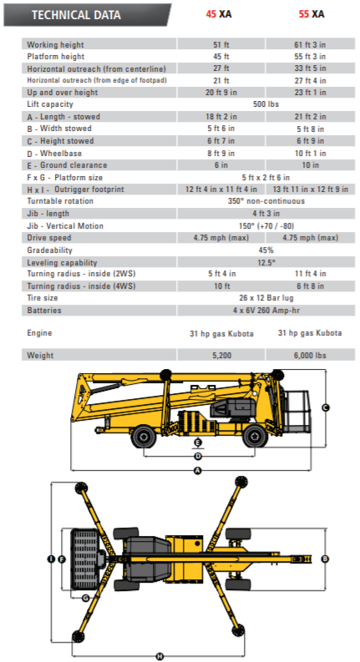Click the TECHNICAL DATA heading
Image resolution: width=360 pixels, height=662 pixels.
point(76,15)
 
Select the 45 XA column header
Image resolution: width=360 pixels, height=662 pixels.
point(219,14)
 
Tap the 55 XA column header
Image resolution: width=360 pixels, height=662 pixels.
point(312,14)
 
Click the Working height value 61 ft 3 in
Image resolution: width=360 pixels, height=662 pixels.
point(310,44)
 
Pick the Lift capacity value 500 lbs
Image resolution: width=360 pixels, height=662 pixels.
point(266,104)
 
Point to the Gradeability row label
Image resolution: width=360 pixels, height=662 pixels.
point(49,250)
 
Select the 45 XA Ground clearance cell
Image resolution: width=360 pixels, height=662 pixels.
point(221,164)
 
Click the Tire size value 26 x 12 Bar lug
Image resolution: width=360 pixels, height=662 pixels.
point(266,298)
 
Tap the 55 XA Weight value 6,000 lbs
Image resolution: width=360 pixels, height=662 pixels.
point(310,356)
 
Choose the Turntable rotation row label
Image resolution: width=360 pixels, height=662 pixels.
point(60,201)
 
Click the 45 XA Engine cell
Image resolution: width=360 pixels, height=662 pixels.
point(221,334)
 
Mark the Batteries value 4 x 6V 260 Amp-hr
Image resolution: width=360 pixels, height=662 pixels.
point(266,311)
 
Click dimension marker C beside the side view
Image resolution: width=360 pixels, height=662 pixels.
point(326,407)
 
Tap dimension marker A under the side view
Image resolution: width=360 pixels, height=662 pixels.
point(198,470)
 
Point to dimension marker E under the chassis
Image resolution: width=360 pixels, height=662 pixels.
point(198,442)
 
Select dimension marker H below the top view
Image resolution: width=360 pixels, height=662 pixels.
point(160,656)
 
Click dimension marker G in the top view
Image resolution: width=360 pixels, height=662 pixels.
point(86,598)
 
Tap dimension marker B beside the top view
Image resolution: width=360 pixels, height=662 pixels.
point(325,559)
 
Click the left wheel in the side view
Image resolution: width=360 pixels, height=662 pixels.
point(144,437)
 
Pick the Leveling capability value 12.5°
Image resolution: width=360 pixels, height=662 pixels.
point(266,263)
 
